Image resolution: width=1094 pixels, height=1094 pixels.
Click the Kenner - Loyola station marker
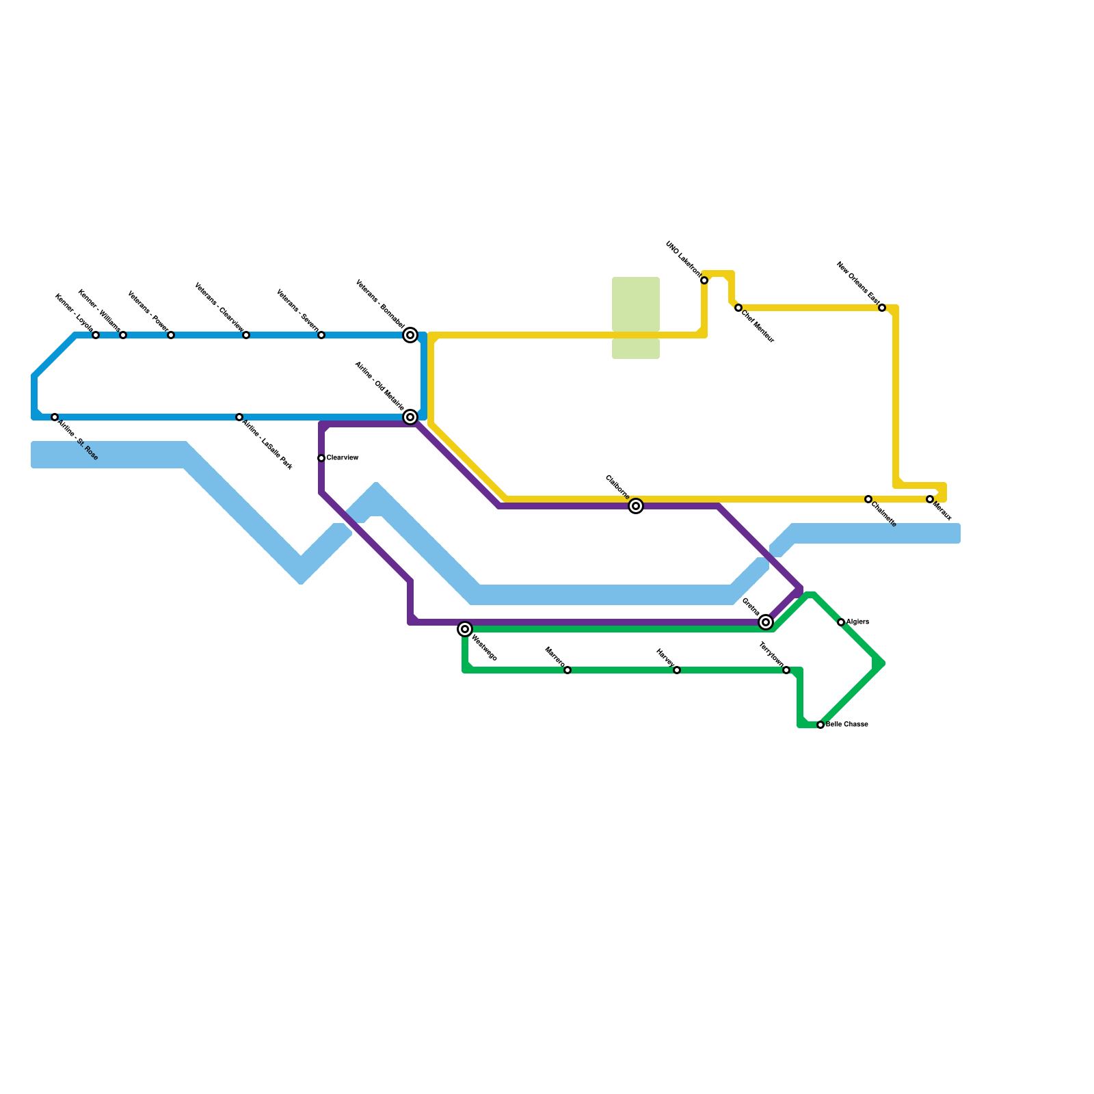coord(96,335)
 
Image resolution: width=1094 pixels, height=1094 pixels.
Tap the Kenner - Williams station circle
coord(123,335)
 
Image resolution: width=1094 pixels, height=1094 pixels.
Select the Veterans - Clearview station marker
coord(246,335)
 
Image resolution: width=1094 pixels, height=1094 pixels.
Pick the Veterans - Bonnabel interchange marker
coord(410,335)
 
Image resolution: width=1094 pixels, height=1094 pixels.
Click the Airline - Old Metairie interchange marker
coord(410,417)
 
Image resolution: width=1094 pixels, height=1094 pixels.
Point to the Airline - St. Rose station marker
coord(55,417)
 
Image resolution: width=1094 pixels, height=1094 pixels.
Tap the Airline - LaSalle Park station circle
coord(239,417)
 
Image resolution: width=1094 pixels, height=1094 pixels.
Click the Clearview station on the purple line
coord(321,458)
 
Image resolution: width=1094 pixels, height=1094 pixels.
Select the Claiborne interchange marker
coord(636,506)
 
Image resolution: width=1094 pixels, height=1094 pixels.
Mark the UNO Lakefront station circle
coord(704,280)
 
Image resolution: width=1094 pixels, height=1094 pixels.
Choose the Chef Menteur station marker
coord(738,308)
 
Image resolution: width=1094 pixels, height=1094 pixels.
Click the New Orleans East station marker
coord(882,308)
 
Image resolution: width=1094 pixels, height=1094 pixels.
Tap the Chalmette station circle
coord(868,499)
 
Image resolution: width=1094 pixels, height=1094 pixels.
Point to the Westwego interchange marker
coord(465,629)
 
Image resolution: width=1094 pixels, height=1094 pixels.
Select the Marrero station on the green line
coord(568,670)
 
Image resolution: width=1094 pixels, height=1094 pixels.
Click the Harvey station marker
coord(677,670)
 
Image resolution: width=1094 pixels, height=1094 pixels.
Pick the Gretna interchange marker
coord(766,622)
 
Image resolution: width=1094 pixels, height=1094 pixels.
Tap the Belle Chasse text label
coord(847,725)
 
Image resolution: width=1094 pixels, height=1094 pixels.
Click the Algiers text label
coord(857,622)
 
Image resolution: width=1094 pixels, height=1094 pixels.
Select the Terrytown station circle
coord(786,670)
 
